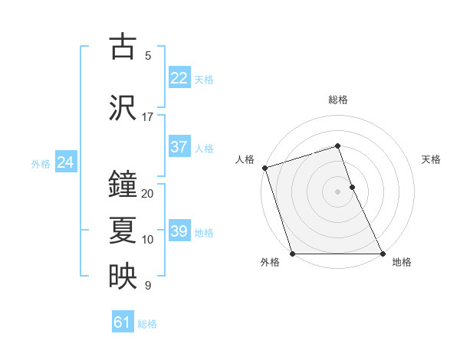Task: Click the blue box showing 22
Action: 179,78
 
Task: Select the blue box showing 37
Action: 179,147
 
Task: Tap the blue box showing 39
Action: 179,231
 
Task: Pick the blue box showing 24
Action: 65,162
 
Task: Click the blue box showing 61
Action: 123,322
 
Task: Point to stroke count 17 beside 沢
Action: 147,117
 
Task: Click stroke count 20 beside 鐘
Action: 147,194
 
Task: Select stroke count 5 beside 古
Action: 147,56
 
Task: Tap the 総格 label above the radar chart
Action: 337,100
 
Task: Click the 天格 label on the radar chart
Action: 431,159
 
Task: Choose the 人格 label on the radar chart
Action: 245,159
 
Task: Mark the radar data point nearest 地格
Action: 383,254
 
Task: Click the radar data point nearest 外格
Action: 292,254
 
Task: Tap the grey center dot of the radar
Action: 337,191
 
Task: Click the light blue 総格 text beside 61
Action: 147,324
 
